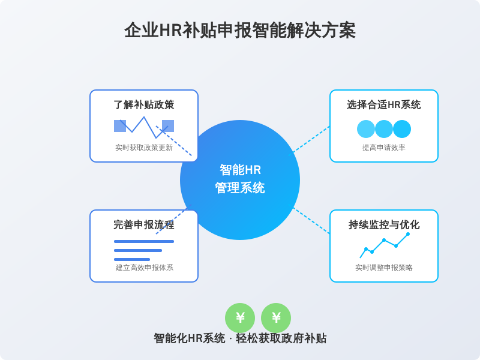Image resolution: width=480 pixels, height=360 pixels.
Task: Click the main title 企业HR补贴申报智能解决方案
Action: [x=240, y=31]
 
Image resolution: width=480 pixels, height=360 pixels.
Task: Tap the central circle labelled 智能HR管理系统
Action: [x=240, y=180]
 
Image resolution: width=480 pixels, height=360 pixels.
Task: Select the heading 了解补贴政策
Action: [x=144, y=105]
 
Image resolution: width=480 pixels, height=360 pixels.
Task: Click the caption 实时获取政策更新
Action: [x=144, y=148]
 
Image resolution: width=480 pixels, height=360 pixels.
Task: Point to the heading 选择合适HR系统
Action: [x=384, y=105]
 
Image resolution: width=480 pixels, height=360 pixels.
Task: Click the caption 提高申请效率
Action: [x=384, y=148]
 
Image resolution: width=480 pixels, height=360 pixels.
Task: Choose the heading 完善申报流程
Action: [x=144, y=225]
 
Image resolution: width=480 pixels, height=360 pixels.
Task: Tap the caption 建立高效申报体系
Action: [x=144, y=268]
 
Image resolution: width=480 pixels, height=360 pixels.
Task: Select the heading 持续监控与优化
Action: [x=384, y=225]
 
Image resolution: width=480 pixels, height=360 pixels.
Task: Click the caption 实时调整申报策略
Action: [x=384, y=268]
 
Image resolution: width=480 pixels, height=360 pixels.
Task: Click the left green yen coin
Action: [x=240, y=318]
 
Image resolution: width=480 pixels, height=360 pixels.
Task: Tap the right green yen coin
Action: [x=276, y=318]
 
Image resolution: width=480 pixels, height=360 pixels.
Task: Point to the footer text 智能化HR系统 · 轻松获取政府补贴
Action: [x=240, y=338]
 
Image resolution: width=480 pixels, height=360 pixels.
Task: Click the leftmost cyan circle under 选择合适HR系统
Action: [x=366, y=129]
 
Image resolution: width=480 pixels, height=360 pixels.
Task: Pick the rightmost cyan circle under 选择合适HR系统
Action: [x=402, y=129]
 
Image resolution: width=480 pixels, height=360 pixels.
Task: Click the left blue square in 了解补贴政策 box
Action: [x=119, y=126]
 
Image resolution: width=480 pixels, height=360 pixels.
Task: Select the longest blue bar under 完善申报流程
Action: [x=144, y=241]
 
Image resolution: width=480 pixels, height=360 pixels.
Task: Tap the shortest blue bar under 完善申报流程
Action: [x=132, y=259]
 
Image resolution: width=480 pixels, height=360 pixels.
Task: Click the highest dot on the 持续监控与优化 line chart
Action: [x=408, y=234]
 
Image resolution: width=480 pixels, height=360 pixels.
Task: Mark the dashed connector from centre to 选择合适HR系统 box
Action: [x=312, y=139]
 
